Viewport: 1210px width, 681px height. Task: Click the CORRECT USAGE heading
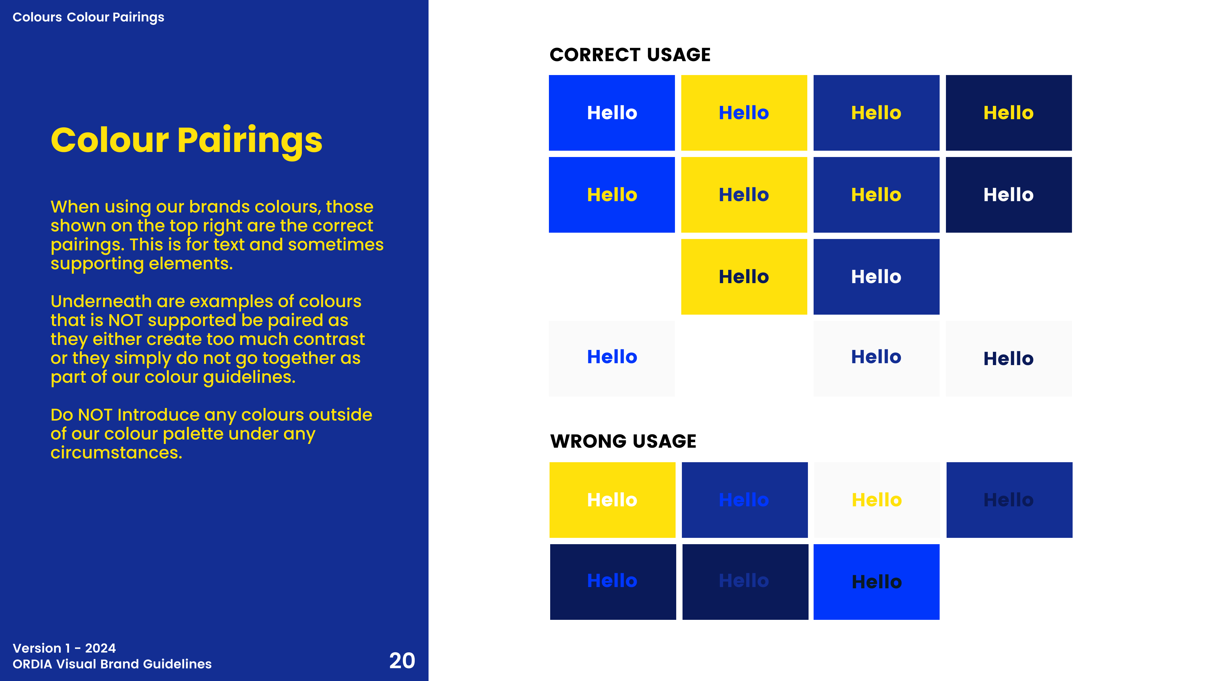[630, 55]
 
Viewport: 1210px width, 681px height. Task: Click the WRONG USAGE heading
[623, 441]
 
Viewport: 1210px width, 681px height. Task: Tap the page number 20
[402, 661]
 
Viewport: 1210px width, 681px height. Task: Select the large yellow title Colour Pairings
[187, 140]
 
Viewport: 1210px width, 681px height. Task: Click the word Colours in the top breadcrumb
[37, 17]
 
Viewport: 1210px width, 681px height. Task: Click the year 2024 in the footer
[100, 648]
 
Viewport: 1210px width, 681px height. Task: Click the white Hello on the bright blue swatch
[612, 113]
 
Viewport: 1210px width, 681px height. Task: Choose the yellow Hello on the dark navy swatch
[1008, 113]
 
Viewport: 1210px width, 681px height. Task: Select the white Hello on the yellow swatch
[612, 500]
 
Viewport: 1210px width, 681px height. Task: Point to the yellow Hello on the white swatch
[877, 500]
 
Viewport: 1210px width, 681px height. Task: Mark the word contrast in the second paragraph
[329, 339]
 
